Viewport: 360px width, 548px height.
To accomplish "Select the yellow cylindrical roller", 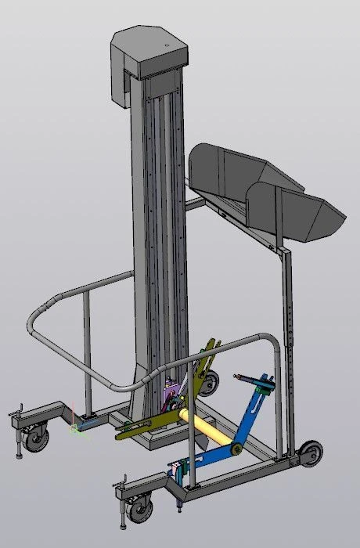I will pos(207,430).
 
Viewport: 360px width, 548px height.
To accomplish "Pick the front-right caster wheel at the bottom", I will pos(140,510).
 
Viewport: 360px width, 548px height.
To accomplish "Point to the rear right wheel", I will pos(311,453).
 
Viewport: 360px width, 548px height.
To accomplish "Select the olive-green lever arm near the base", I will pos(149,426).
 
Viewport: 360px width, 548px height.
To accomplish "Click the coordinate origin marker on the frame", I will pos(75,427).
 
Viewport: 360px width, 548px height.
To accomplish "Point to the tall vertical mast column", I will pos(160,235).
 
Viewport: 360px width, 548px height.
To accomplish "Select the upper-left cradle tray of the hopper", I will pos(227,168).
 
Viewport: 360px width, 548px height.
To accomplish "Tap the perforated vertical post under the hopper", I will pos(289,329).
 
